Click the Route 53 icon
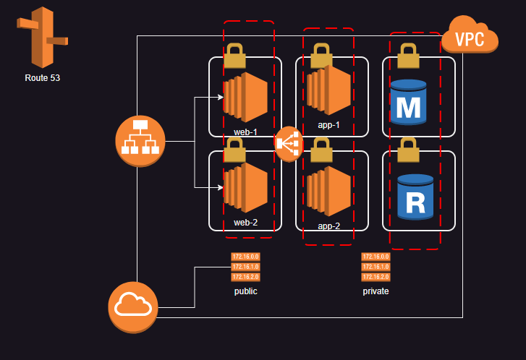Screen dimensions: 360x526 pyautogui.click(x=42, y=38)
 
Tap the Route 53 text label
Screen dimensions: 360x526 pyautogui.click(x=42, y=78)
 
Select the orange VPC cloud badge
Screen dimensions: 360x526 pyautogui.click(x=470, y=37)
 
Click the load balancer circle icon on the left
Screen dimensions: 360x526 pyautogui.click(x=140, y=140)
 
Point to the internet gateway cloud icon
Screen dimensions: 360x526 pyautogui.click(x=133, y=307)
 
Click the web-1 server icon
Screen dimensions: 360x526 pyautogui.click(x=245, y=97)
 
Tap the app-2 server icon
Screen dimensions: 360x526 pyautogui.click(x=328, y=191)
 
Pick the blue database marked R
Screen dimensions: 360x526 pyautogui.click(x=415, y=197)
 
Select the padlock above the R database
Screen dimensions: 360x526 pyautogui.click(x=409, y=150)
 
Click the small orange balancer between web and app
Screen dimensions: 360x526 pyautogui.click(x=288, y=144)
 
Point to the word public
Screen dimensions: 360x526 pyautogui.click(x=245, y=291)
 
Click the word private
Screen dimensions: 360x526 pyautogui.click(x=376, y=291)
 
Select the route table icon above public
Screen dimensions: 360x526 pyautogui.click(x=245, y=267)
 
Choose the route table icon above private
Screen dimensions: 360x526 pyautogui.click(x=376, y=267)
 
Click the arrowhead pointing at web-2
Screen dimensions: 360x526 pyautogui.click(x=219, y=187)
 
